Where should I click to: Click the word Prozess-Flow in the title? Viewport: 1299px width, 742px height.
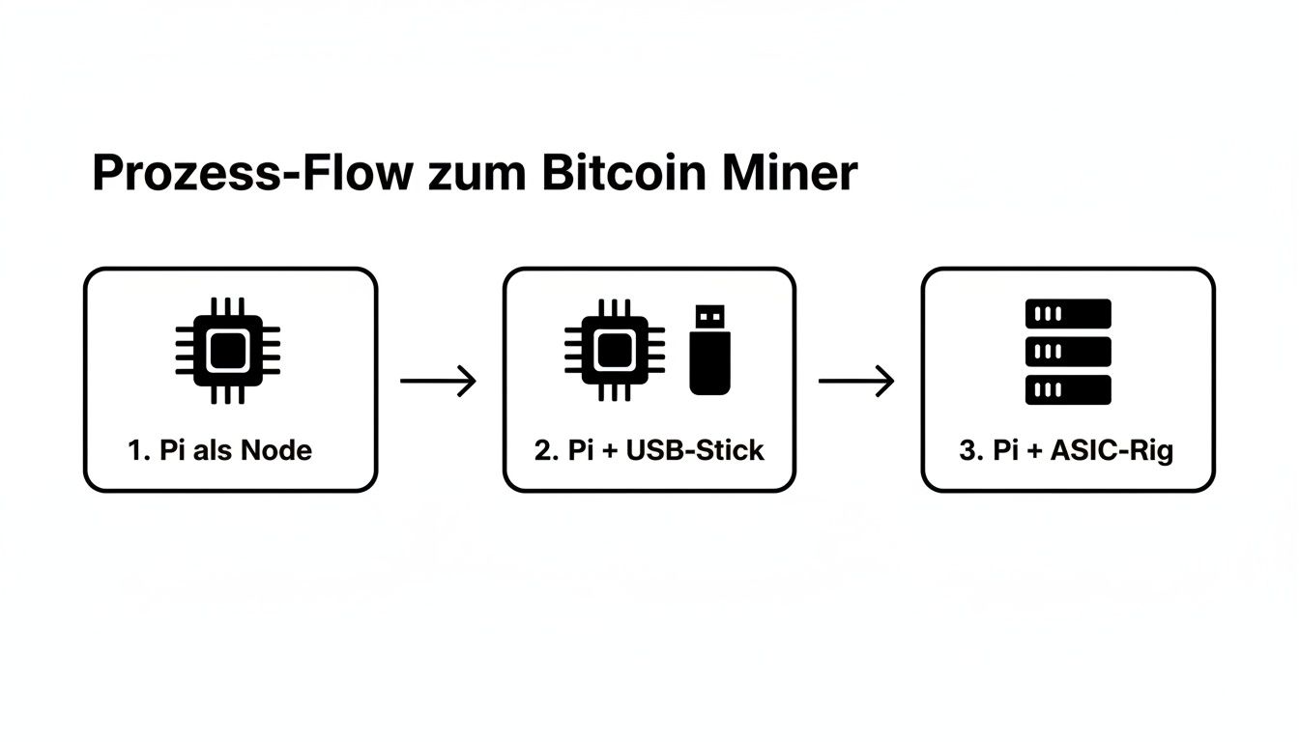click(x=252, y=174)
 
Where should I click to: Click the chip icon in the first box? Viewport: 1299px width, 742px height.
click(x=228, y=350)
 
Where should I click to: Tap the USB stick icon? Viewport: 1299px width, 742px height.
click(x=709, y=350)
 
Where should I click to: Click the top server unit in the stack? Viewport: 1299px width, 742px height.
click(x=1067, y=314)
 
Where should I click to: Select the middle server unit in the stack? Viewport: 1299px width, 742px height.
click(x=1067, y=352)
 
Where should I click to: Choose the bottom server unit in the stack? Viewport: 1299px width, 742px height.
click(x=1067, y=389)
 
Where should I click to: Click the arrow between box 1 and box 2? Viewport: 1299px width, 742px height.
click(x=439, y=381)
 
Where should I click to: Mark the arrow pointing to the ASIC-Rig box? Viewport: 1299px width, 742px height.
click(x=856, y=381)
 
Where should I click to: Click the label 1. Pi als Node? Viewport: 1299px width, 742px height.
click(x=220, y=449)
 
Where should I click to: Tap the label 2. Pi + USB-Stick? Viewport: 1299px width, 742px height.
click(x=649, y=450)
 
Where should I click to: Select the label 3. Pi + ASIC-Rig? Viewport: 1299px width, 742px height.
click(x=1066, y=450)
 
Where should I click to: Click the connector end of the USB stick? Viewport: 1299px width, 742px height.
click(x=709, y=317)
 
